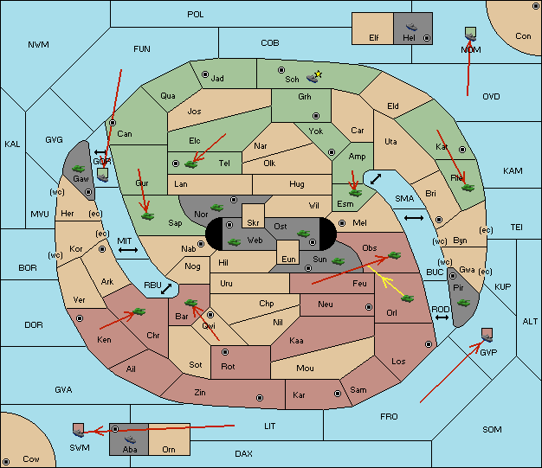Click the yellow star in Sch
319,74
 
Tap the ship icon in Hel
411,27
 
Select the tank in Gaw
78,169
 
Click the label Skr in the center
253,223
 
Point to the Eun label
288,259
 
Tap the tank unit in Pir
463,303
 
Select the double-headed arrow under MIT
128,250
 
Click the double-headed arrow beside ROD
442,317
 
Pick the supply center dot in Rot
225,352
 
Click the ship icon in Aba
131,439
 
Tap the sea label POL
196,15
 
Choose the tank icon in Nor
217,208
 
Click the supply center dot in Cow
6,461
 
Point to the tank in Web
235,241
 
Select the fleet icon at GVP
487,336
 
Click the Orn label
169,449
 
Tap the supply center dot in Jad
205,74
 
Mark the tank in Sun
338,261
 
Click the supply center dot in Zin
260,398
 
